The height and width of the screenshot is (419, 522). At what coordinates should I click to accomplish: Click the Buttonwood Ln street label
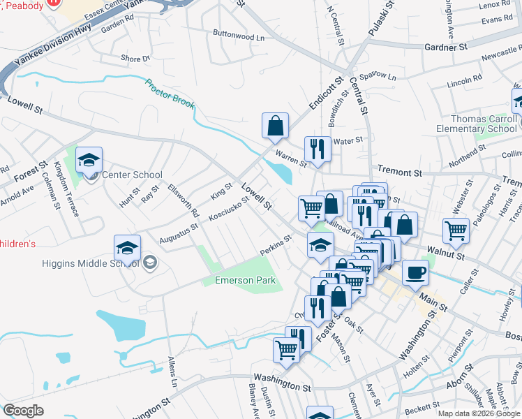pyautogui.click(x=239, y=35)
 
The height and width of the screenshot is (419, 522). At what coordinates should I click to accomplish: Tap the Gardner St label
pyautogui.click(x=445, y=47)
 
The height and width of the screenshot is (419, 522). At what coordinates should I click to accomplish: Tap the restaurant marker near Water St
pyautogui.click(x=318, y=149)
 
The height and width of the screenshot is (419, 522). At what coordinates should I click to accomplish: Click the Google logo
pyautogui.click(x=23, y=411)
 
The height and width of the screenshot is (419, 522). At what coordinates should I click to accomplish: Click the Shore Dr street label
pyautogui.click(x=135, y=59)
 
